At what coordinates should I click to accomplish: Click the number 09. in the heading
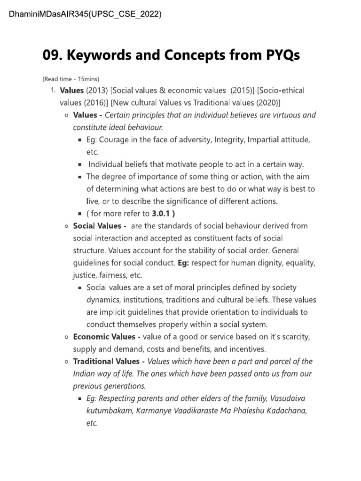coord(53,55)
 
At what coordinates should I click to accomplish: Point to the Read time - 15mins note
coord(71,78)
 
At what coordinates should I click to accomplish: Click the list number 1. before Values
coord(54,90)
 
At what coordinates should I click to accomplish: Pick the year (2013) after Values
coord(97,90)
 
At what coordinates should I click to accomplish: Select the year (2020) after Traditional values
coord(265,102)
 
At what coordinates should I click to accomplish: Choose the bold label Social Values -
coord(99,225)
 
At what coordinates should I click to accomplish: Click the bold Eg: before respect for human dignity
coord(183,263)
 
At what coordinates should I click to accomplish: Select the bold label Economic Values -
coord(107,337)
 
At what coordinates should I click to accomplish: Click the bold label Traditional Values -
coord(109,361)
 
